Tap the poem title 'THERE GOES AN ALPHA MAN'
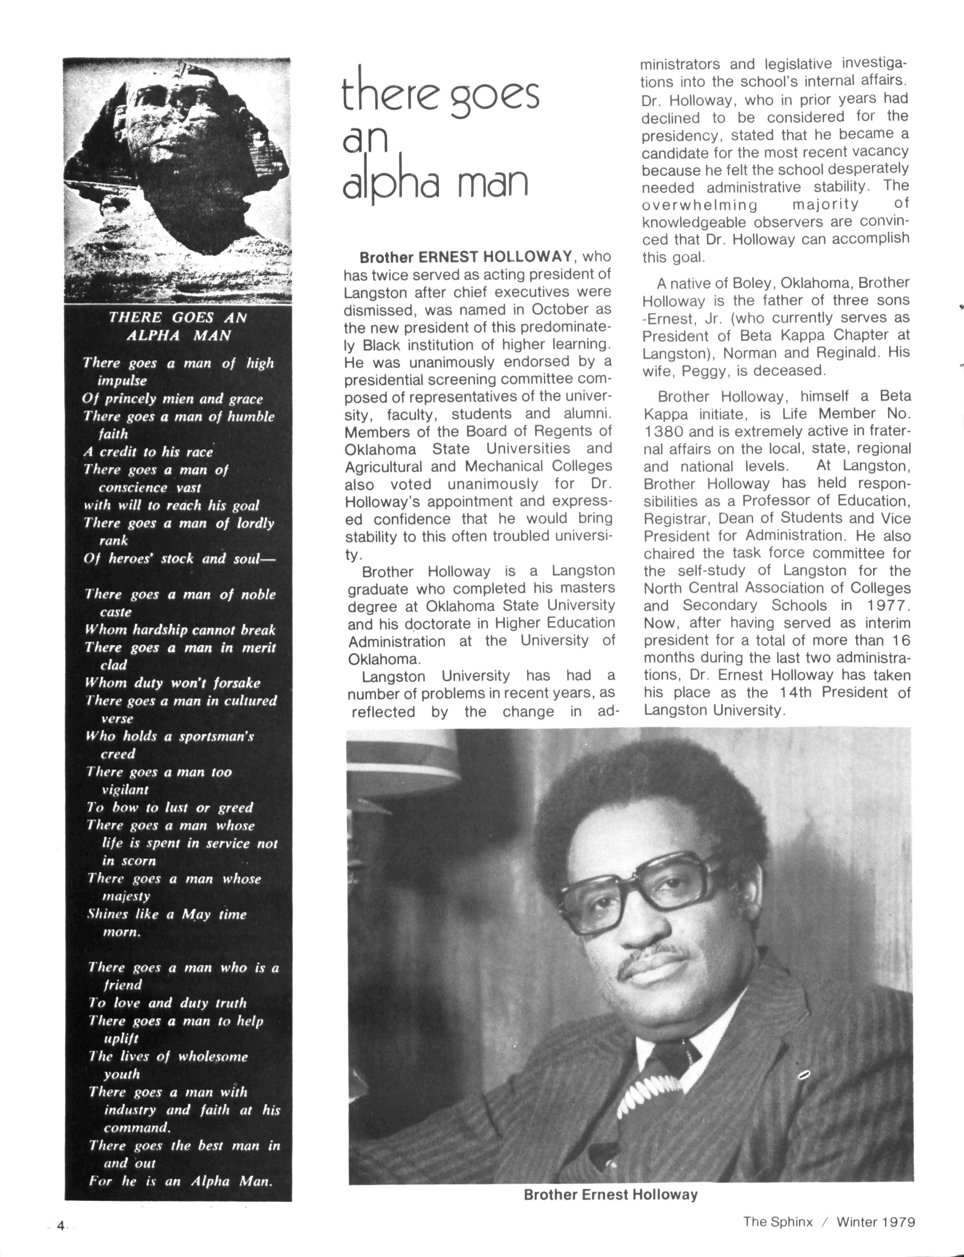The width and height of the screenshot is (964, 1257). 178,326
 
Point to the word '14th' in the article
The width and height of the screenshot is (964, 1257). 795,692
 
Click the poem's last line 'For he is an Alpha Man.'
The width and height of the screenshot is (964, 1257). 180,1181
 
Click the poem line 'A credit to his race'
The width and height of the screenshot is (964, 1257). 148,452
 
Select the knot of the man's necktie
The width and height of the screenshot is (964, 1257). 675,1052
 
